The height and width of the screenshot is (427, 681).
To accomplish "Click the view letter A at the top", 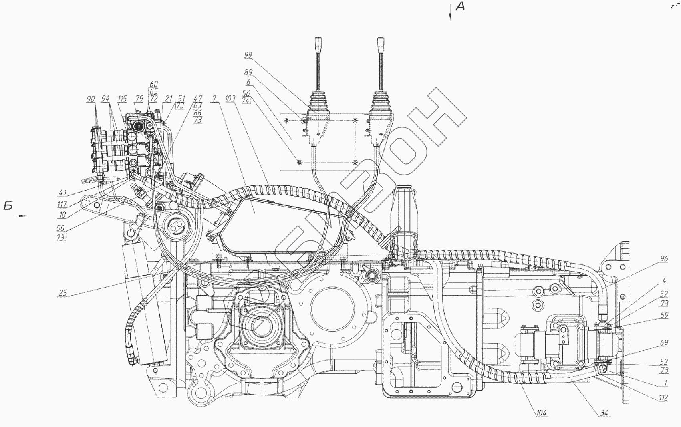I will point(461,6).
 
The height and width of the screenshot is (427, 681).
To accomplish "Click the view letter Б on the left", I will point(8,206).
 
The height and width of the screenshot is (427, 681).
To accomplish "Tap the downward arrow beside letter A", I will point(450,12).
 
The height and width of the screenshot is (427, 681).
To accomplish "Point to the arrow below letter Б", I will point(20,216).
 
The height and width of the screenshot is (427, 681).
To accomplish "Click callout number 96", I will point(664,259).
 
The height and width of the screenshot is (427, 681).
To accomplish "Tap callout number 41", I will point(62,193).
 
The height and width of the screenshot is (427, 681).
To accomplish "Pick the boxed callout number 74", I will point(246,101).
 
